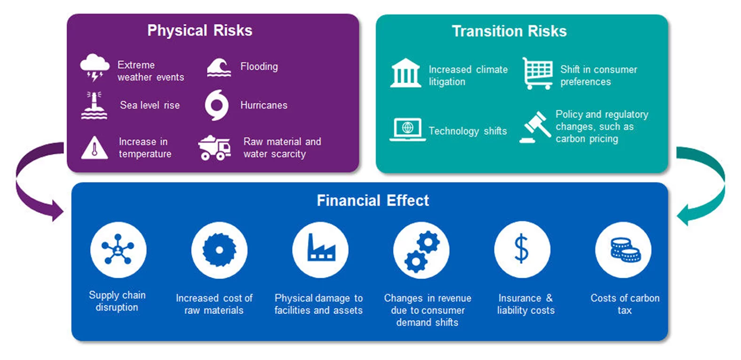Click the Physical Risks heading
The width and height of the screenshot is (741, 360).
click(x=200, y=31)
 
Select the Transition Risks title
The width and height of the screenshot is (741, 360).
click(x=509, y=31)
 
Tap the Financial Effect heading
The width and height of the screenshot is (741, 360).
click(x=373, y=200)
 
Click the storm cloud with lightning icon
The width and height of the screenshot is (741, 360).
click(x=95, y=67)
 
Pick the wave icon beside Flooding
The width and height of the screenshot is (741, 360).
click(x=219, y=67)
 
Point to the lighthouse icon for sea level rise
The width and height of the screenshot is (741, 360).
click(x=94, y=105)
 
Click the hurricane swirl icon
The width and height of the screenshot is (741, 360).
click(x=217, y=105)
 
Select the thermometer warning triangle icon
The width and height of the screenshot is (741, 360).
click(x=95, y=148)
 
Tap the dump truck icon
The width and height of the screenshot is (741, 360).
click(x=215, y=148)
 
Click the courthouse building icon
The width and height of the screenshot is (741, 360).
click(x=406, y=73)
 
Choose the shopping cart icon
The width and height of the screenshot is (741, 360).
click(x=537, y=73)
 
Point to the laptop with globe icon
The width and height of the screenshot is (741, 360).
click(x=407, y=129)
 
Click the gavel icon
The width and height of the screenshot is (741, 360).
click(x=534, y=127)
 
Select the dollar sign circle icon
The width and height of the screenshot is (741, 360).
click(x=522, y=249)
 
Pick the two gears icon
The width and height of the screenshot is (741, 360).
click(x=421, y=250)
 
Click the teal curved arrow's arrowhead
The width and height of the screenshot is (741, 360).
click(x=684, y=215)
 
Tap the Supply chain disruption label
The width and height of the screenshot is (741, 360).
click(x=117, y=301)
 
